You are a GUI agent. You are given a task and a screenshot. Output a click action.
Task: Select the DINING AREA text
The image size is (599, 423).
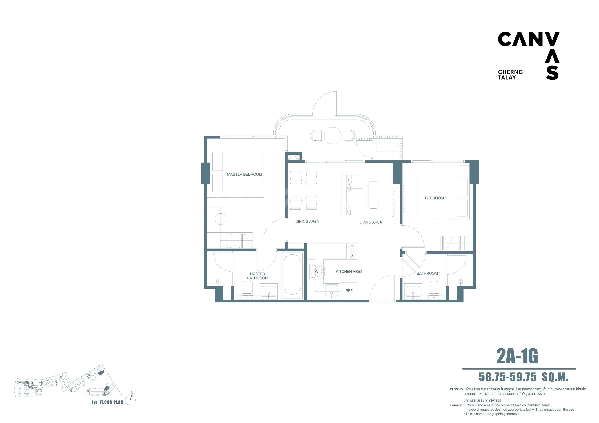(307, 222)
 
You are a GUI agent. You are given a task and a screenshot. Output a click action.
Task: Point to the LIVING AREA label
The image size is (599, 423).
(370, 222)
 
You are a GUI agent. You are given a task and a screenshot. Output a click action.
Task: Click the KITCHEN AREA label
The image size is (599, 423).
(349, 272)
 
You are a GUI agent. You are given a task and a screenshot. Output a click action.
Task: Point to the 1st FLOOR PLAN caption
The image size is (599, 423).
(107, 402)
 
